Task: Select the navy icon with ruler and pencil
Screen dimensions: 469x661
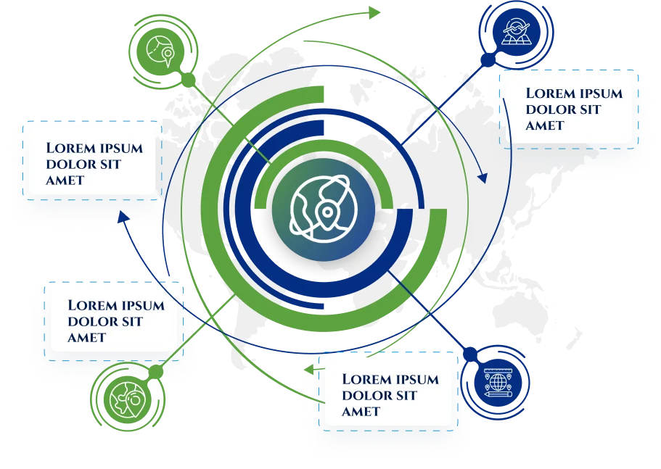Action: point(498,383)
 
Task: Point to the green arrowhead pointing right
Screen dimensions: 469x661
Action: point(375,12)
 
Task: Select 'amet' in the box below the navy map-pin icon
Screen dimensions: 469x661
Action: point(545,125)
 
